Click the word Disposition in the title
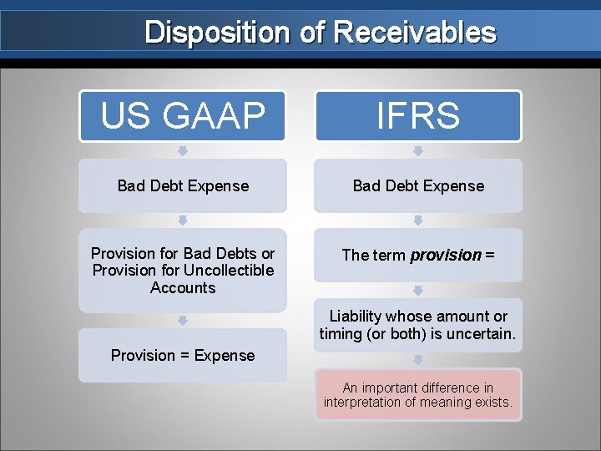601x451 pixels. click(x=215, y=33)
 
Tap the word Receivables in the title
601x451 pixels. click(x=415, y=33)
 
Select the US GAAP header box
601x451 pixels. click(x=183, y=116)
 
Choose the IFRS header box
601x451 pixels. click(x=418, y=116)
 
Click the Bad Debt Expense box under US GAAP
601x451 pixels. click(x=183, y=185)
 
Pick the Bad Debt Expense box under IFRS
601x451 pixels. click(x=418, y=185)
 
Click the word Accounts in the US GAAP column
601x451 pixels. click(x=183, y=288)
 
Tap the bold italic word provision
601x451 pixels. click(x=446, y=256)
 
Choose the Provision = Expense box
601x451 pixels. click(x=183, y=356)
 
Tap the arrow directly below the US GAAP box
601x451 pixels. click(x=183, y=151)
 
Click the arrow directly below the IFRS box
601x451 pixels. click(x=418, y=151)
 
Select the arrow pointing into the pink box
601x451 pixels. click(x=418, y=360)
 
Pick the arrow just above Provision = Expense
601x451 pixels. click(x=183, y=320)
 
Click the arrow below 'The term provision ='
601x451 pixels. click(x=418, y=290)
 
